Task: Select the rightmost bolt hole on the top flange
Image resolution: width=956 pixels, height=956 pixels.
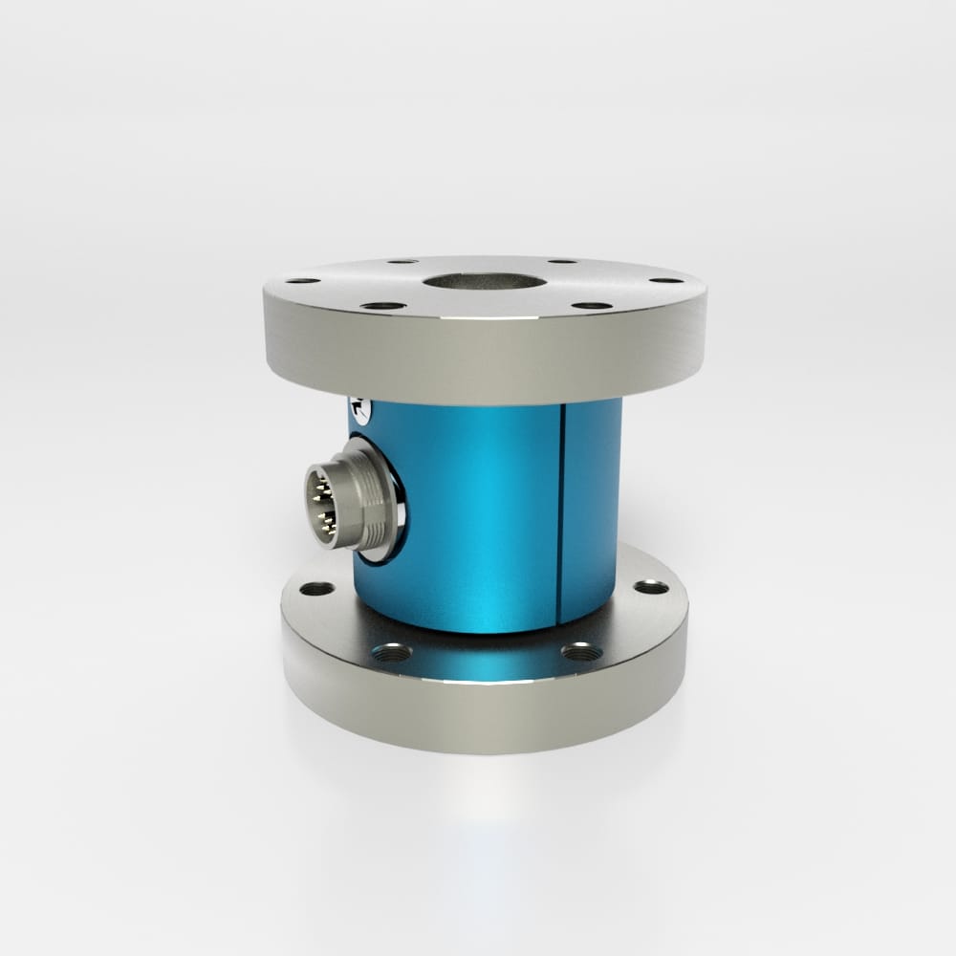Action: click(665, 280)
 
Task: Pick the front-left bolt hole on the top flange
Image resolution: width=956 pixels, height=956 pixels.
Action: click(383, 306)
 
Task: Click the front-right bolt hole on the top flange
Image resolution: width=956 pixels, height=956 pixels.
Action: click(592, 306)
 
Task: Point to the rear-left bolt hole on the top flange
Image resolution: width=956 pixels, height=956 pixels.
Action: click(402, 261)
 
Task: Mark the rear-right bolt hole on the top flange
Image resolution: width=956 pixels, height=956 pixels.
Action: click(563, 260)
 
